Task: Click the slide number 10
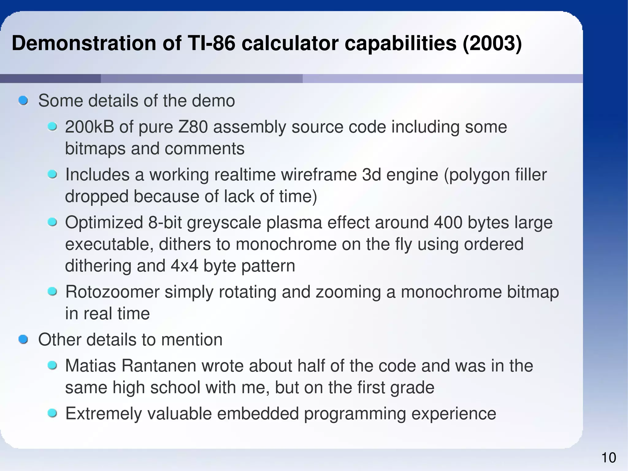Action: [609, 458]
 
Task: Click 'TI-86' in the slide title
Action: [210, 43]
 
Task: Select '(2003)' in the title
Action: [492, 43]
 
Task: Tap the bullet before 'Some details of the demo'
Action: [23, 101]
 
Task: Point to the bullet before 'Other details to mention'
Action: [23, 340]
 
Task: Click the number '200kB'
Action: [90, 127]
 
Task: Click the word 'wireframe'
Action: [319, 175]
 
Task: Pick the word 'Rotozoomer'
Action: [112, 292]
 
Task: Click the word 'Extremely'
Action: [104, 414]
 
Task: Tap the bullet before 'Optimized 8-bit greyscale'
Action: [52, 222]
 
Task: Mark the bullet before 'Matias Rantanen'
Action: [52, 365]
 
